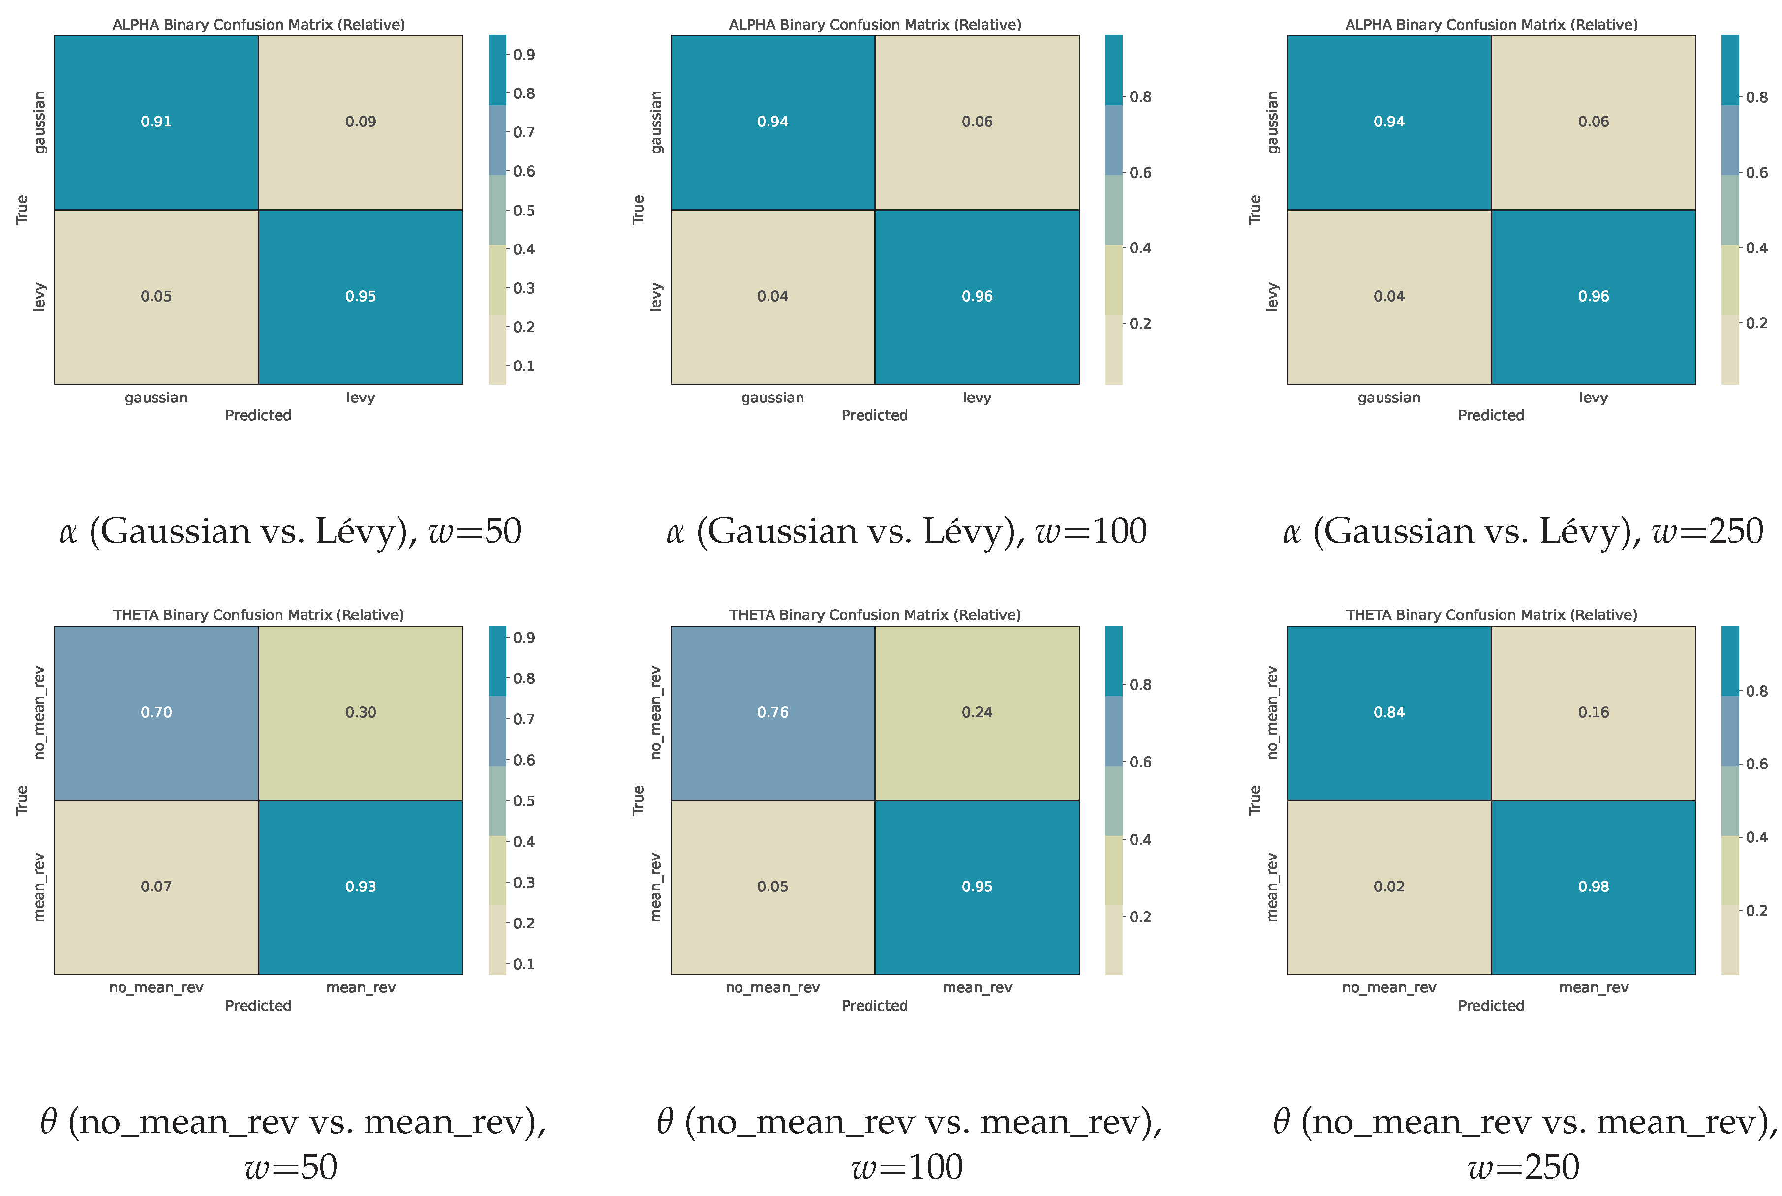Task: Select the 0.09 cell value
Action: tap(360, 122)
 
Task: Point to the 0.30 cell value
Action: tap(360, 712)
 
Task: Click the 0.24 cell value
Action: tap(977, 712)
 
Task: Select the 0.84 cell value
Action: tap(1388, 712)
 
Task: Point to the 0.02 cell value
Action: tap(1388, 887)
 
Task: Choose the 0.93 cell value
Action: tap(360, 887)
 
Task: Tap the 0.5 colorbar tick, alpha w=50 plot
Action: tap(523, 211)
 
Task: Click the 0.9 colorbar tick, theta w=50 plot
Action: tap(523, 638)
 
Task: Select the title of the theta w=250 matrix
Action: tap(1491, 615)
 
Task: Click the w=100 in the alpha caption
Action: tap(1091, 531)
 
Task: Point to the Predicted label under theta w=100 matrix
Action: tap(874, 1005)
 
